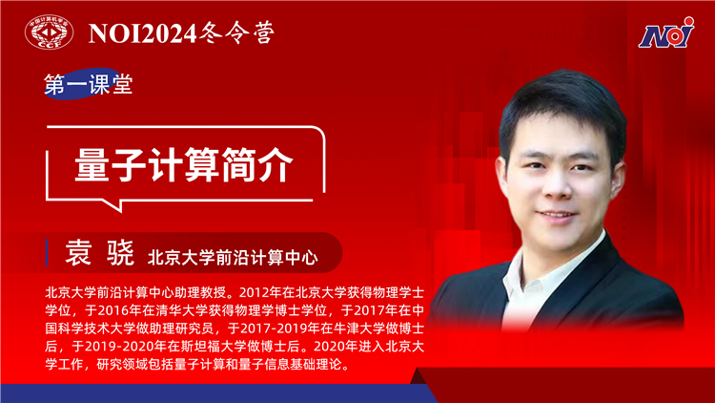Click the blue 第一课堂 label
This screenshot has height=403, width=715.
coord(89,84)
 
